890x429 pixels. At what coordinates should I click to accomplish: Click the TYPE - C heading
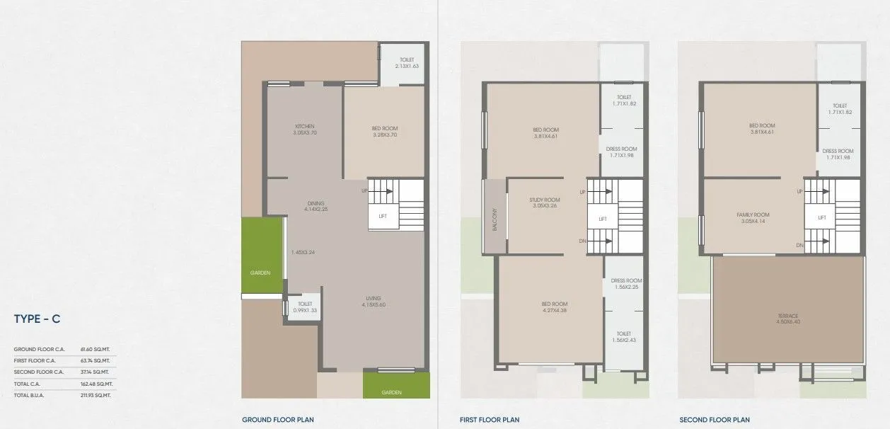click(37, 319)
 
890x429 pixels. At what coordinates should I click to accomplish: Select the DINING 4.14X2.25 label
click(316, 206)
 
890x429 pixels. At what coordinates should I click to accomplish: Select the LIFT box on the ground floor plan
click(383, 217)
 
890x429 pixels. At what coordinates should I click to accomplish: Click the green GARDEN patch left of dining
click(262, 255)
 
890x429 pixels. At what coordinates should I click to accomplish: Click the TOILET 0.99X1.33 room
click(305, 307)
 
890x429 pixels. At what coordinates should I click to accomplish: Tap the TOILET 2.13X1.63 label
click(406, 63)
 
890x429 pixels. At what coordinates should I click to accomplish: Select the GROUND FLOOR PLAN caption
click(277, 420)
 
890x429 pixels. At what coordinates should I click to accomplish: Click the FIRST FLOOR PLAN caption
click(490, 420)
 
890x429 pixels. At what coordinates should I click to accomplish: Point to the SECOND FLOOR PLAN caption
click(714, 420)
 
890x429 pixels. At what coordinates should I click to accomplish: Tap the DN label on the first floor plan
click(582, 241)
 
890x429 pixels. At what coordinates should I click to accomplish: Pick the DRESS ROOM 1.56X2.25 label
click(626, 284)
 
